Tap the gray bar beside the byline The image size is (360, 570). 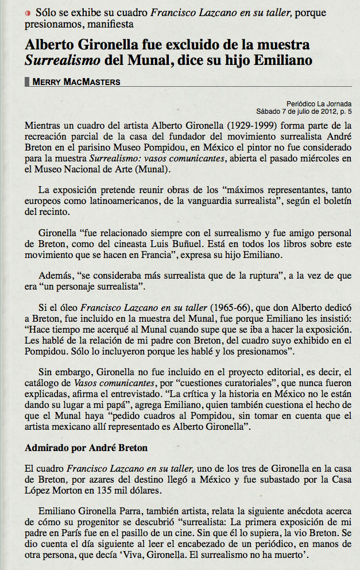click(28, 82)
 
